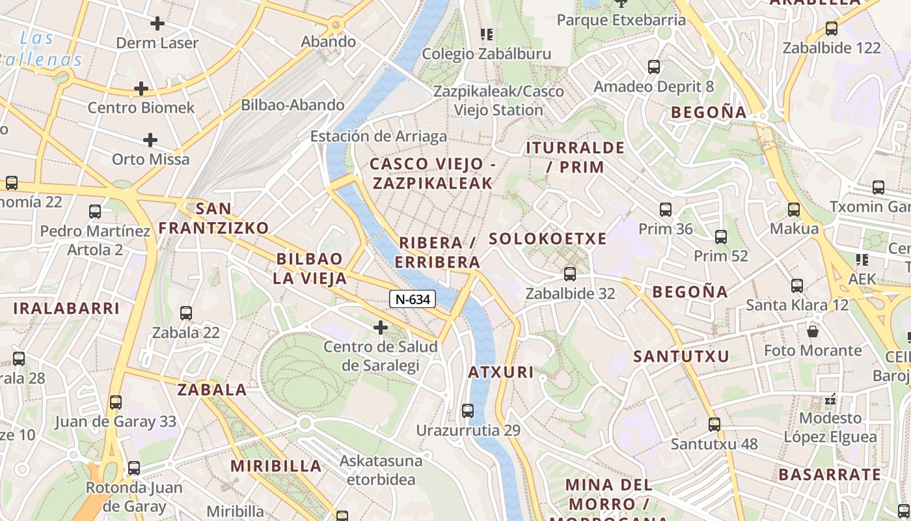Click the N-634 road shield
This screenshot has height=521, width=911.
click(x=412, y=299)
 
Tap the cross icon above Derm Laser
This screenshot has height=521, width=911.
click(x=157, y=24)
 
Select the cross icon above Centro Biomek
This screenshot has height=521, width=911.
click(x=141, y=89)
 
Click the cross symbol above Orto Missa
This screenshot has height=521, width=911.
click(x=150, y=140)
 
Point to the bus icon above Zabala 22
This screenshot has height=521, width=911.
click(x=186, y=313)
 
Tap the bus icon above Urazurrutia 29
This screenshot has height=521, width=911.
click(x=468, y=411)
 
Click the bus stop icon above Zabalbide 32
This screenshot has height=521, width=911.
click(x=570, y=274)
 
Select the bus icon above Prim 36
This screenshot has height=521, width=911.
click(x=665, y=210)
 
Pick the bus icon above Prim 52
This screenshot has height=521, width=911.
click(x=720, y=237)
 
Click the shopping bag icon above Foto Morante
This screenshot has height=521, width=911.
click(x=813, y=331)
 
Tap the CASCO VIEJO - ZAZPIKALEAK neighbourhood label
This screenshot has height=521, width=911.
click(x=433, y=173)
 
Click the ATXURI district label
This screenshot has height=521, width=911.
click(x=501, y=373)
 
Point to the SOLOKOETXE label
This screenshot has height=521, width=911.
click(x=547, y=238)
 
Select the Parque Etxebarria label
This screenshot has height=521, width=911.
click(x=621, y=20)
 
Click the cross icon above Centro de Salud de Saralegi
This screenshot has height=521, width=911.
click(x=381, y=328)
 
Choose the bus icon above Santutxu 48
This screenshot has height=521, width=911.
click(x=714, y=425)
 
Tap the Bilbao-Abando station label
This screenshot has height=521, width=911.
click(x=293, y=105)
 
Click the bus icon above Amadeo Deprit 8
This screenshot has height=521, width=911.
click(x=654, y=67)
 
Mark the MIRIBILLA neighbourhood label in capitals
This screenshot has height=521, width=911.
click(x=276, y=466)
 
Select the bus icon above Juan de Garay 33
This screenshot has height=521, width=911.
click(x=116, y=402)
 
